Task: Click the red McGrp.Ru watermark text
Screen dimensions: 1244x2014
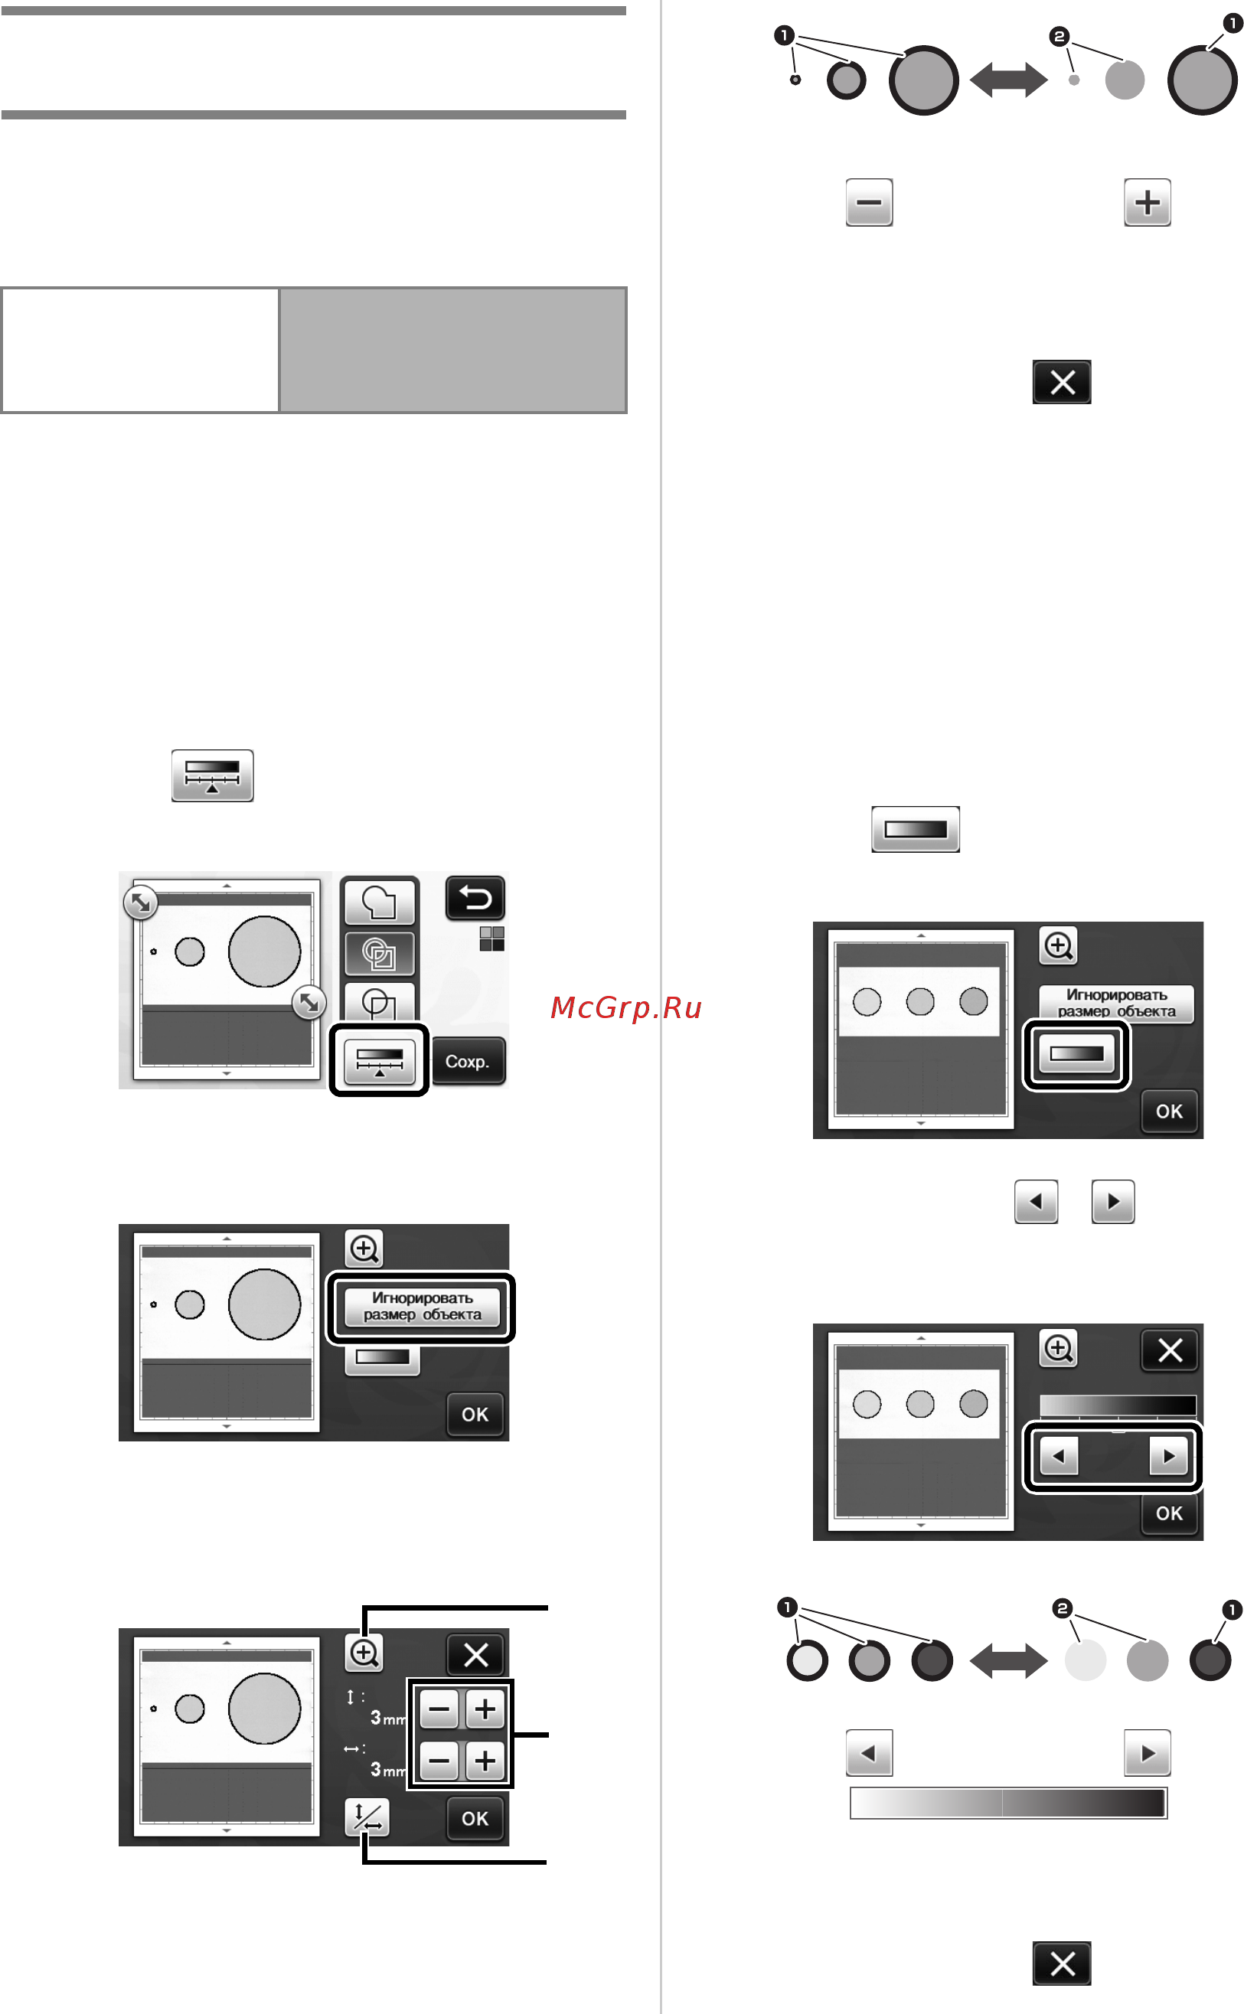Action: pyautogui.click(x=625, y=1007)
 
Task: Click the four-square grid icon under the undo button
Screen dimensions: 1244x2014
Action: pyautogui.click(x=492, y=938)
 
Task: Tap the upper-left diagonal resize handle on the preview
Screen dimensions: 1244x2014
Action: pyautogui.click(x=141, y=903)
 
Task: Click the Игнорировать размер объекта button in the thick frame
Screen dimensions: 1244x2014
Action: pyautogui.click(x=421, y=1307)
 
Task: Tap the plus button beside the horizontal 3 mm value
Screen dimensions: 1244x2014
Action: pyautogui.click(x=485, y=1761)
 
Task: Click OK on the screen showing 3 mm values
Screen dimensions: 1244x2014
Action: pyautogui.click(x=475, y=1818)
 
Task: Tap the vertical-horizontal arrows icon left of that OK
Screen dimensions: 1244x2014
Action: pyautogui.click(x=367, y=1817)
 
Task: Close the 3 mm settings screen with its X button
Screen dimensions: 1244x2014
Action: pyautogui.click(x=475, y=1654)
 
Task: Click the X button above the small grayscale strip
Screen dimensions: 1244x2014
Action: pyautogui.click(x=1169, y=1350)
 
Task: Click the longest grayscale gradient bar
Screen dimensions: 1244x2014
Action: pyautogui.click(x=1008, y=1803)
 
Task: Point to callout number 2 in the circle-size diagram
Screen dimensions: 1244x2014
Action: pyautogui.click(x=1059, y=36)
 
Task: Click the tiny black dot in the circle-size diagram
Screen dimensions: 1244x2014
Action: pyautogui.click(x=795, y=80)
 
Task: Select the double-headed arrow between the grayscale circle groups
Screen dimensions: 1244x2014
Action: pyautogui.click(x=1009, y=1661)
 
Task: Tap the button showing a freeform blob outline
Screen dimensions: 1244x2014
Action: pyautogui.click(x=379, y=902)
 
